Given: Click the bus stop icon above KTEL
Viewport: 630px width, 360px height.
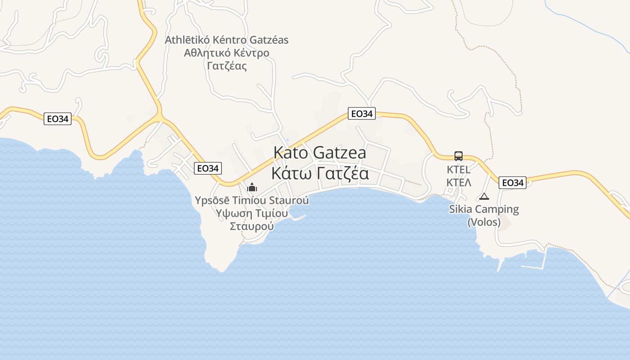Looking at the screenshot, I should (x=459, y=156).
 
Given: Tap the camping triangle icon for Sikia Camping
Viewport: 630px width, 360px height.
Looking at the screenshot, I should (x=484, y=196).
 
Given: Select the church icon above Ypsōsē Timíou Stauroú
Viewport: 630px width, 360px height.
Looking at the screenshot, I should (x=252, y=187).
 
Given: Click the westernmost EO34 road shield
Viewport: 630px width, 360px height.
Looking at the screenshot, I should (x=58, y=119).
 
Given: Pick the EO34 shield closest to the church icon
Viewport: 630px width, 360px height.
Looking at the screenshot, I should (x=208, y=169).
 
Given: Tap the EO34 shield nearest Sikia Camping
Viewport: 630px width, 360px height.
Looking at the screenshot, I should (x=513, y=183).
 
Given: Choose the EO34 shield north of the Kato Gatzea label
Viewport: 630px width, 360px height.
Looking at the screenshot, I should (x=361, y=114).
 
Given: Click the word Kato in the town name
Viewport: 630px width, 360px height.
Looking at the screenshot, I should (x=291, y=153).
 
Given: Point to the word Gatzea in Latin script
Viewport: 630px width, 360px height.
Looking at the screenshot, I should (x=339, y=153).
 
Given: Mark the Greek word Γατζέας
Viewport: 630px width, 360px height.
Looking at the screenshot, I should (x=227, y=66).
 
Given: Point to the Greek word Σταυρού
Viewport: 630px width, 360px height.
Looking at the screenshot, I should (x=252, y=226).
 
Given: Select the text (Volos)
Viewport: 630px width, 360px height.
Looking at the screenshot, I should (x=484, y=222).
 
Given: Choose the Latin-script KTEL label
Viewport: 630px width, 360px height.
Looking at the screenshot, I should (x=459, y=170).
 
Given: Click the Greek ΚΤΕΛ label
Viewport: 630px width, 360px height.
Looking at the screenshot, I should (x=459, y=182).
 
